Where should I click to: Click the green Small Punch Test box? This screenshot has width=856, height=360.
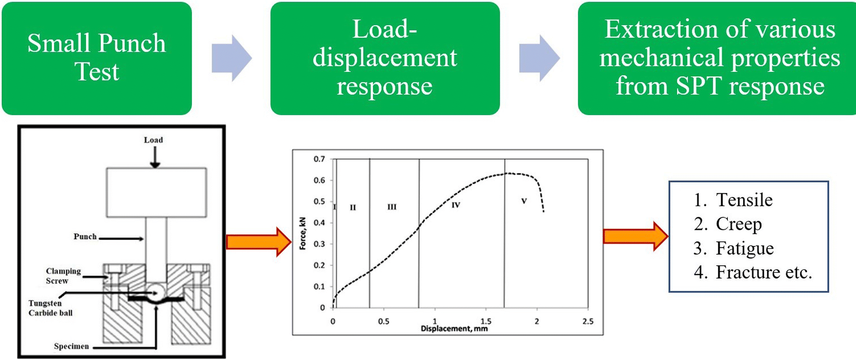(97, 58)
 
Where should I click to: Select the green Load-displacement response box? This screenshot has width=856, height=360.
(385, 58)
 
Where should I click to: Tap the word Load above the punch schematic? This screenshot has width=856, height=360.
(153, 140)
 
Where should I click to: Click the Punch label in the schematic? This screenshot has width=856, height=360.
(85, 237)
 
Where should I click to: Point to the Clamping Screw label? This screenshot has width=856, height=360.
(63, 276)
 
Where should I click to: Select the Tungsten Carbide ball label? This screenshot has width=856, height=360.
(50, 308)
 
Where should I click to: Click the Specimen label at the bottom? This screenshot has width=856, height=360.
(71, 346)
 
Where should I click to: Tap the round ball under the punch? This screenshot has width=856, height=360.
(155, 291)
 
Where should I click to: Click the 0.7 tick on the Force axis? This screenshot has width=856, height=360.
(319, 159)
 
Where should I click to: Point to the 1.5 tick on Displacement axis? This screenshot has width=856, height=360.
(486, 321)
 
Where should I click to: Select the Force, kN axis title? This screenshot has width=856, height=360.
(302, 234)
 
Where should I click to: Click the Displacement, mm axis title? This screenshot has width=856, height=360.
(454, 328)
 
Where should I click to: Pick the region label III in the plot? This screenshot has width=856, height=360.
(392, 207)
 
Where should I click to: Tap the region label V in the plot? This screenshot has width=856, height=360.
(524, 201)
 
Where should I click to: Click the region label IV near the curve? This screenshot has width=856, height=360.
(456, 205)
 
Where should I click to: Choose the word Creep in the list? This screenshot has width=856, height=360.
(738, 224)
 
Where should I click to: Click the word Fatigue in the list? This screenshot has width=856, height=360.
(744, 248)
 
